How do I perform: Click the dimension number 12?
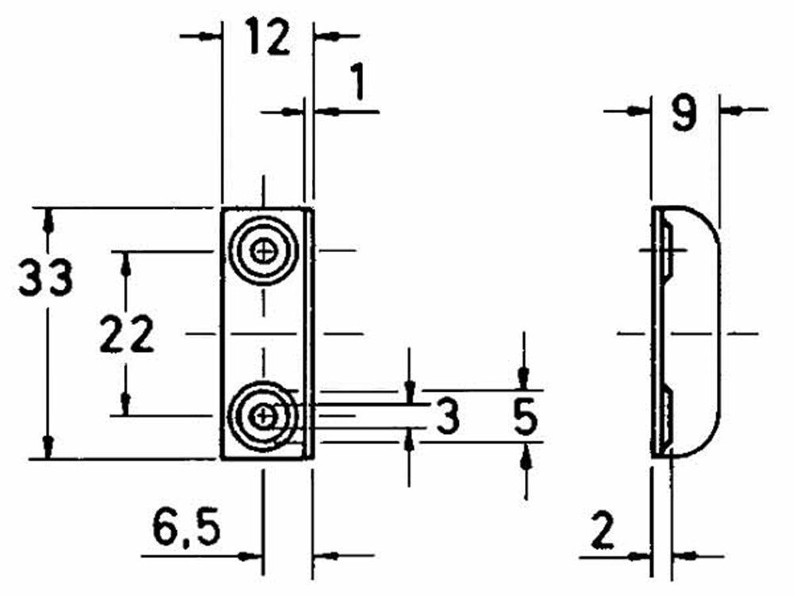(x=268, y=37)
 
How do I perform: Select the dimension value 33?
(x=46, y=278)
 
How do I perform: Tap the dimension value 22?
(x=126, y=336)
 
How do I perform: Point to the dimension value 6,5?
(x=186, y=530)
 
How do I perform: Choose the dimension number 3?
(x=448, y=416)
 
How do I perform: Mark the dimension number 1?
(x=357, y=84)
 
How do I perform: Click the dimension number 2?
(x=603, y=532)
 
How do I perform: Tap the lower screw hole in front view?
(x=263, y=415)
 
